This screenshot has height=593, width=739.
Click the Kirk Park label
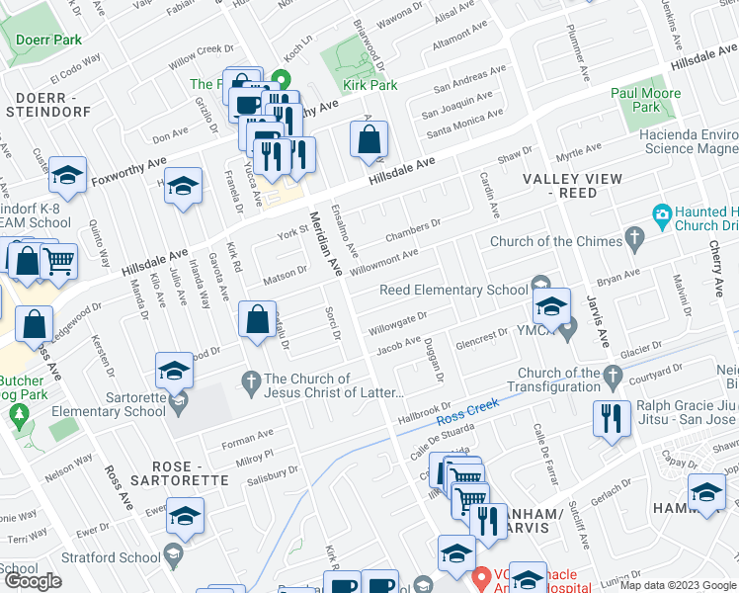(x=369, y=85)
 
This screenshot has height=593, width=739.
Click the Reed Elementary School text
(x=454, y=290)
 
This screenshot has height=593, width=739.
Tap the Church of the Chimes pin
(x=635, y=240)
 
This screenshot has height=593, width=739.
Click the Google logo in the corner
(x=34, y=581)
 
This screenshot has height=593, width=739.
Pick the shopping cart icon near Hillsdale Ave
(x=59, y=261)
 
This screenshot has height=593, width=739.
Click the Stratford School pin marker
(x=174, y=557)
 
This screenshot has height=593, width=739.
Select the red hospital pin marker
(x=481, y=576)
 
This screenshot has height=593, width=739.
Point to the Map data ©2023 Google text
(x=678, y=585)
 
